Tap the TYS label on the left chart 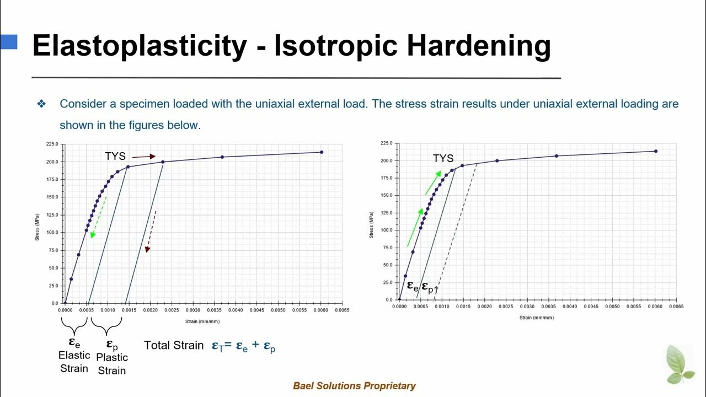point(115,157)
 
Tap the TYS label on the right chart point(443,159)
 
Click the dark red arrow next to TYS point(144,157)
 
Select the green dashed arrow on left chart point(98,217)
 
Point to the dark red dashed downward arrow point(151,231)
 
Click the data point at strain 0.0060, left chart point(321,152)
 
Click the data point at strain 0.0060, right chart point(655,151)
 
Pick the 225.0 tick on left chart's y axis point(52,144)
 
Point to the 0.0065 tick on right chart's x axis point(676,306)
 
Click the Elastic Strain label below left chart point(74,362)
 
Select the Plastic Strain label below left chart point(112,364)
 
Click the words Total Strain point(174,345)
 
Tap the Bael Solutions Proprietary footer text point(354,386)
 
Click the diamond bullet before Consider point(41,104)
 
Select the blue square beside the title point(9,42)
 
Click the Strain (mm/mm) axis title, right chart point(537,318)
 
